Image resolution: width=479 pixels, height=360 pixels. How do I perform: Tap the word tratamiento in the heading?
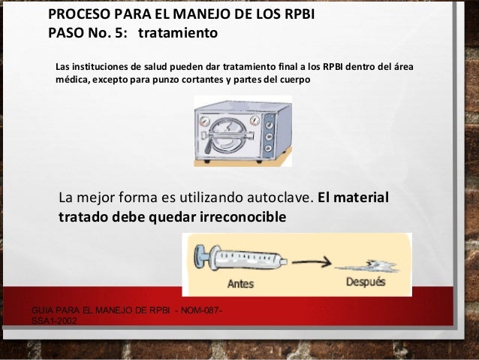179,34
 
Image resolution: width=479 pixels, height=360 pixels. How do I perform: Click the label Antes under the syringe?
240,285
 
